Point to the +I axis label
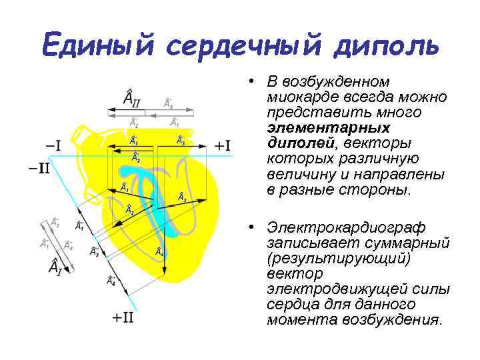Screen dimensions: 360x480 223,145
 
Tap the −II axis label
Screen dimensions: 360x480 39,167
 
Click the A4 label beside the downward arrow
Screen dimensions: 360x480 160,251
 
